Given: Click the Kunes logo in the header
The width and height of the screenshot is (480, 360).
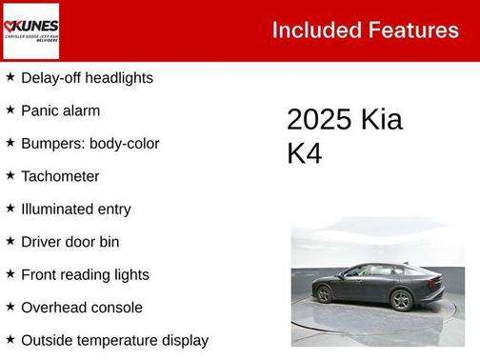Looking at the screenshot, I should tap(31, 30).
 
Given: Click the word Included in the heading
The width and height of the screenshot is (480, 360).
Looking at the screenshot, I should tap(307, 30).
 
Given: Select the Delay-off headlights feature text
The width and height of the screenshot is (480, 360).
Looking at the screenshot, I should tap(87, 78).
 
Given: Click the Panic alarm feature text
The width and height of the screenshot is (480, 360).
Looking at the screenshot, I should tap(60, 110).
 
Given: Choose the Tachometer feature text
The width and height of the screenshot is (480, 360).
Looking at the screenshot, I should tap(60, 176).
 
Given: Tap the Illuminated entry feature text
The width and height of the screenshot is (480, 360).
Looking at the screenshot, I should tap(76, 210).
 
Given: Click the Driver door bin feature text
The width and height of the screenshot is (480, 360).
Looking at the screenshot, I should tap(70, 242).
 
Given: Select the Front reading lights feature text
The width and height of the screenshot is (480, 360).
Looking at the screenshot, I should tap(85, 275).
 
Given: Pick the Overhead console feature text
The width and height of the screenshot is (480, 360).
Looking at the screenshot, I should tap(82, 308).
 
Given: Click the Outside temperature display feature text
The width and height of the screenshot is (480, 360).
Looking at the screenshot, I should tap(114, 340).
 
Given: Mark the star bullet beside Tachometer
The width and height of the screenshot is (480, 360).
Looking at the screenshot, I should tap(10, 175).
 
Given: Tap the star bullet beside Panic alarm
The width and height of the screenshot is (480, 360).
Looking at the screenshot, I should tap(10, 110).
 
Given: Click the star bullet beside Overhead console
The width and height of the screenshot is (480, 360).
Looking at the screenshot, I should tap(10, 307).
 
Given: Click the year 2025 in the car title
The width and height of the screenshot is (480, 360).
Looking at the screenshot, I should tap(319, 120).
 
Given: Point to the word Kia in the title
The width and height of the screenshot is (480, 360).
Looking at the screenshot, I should tap(381, 120).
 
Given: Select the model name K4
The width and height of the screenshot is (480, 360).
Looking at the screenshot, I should tap(305, 153).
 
